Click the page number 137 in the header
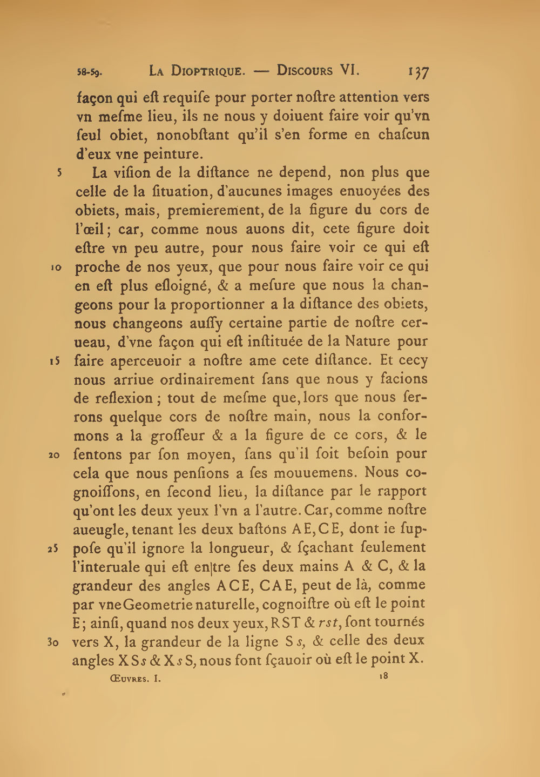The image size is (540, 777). tap(418, 72)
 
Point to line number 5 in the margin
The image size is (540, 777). tap(60, 173)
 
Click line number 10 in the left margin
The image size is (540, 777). tap(58, 267)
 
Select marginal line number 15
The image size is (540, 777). tap(58, 361)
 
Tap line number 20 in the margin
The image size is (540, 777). tap(55, 455)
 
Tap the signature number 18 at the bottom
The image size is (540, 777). tap(384, 675)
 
